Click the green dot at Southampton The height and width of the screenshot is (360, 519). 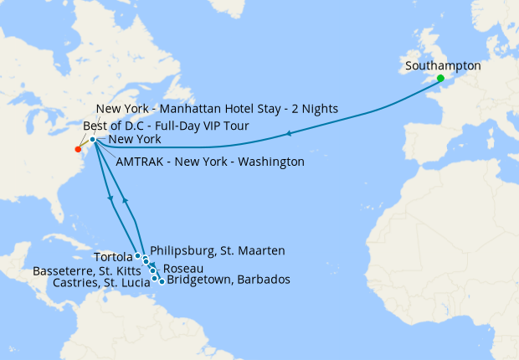point(440,79)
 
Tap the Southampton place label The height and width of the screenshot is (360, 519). point(442,64)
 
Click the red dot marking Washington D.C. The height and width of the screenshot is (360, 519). point(78,150)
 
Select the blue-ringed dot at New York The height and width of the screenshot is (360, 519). point(93,140)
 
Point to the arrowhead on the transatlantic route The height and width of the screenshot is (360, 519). point(288,134)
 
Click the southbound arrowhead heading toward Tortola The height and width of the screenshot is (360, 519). point(111,198)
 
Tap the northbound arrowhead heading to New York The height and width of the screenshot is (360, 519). point(124,200)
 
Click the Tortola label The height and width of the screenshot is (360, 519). point(112,256)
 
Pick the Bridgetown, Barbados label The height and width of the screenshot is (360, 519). point(229,280)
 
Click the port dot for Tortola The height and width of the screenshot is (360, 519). point(137,255)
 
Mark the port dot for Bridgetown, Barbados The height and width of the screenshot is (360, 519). point(161,281)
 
